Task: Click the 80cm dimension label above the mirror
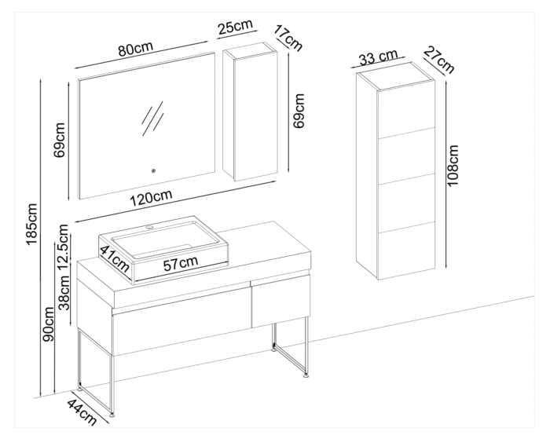135,49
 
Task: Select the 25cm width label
235,28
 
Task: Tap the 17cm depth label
288,39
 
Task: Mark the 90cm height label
49,325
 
